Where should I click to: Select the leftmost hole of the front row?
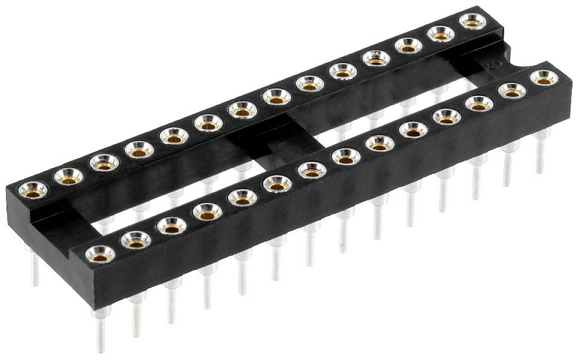pos(100,254)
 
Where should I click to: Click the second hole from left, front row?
pos(136,240)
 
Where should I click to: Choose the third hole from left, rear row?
pos(104,162)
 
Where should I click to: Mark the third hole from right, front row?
pos(479,104)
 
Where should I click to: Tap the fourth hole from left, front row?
pos(207,212)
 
